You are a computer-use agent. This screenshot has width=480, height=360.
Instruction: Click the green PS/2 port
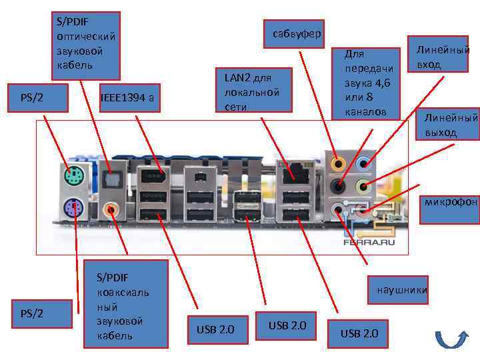[73, 177]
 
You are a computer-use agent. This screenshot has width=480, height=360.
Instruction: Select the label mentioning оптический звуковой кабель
[87, 45]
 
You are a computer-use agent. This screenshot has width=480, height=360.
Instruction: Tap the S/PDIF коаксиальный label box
[126, 304]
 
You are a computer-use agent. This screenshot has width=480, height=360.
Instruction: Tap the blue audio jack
[364, 163]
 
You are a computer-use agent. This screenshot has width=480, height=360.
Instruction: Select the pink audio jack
[364, 209]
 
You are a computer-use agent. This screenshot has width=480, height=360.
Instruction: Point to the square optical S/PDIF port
[113, 177]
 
